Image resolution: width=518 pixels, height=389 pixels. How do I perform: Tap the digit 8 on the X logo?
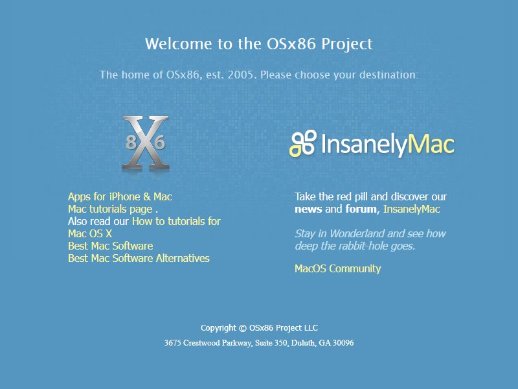pos(131,142)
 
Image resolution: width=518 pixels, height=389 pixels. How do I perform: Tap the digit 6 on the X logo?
pos(159,142)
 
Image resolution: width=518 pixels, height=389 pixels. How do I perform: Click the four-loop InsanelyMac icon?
pos(303,143)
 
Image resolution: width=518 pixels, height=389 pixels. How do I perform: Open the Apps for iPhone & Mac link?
pos(120,197)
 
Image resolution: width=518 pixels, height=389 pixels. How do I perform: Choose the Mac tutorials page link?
pos(110,209)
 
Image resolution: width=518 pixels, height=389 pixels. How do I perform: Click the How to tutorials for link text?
pos(176,221)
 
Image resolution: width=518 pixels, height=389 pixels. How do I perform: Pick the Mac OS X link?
pos(90,233)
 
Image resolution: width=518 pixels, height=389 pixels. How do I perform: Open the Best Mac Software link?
pos(110,246)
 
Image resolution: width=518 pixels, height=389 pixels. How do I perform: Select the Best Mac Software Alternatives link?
pos(139,258)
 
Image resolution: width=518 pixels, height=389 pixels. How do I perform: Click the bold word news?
pos(308,209)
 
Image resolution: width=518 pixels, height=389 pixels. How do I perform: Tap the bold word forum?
pos(361,209)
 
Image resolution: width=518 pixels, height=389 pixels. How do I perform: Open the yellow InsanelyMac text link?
pos(412,209)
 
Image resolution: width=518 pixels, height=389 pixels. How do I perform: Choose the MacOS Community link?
pos(337,268)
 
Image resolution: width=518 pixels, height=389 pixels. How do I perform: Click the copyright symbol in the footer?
pos(243,328)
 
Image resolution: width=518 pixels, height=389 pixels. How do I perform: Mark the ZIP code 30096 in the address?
pos(343,343)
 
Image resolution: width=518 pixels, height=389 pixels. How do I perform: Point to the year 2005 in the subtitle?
pos(242,75)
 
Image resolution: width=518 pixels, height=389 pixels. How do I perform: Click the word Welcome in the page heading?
pos(179,44)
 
